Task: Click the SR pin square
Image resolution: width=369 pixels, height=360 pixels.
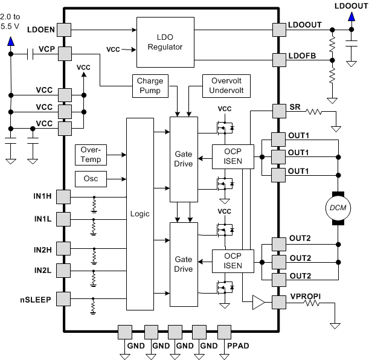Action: [279, 111]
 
